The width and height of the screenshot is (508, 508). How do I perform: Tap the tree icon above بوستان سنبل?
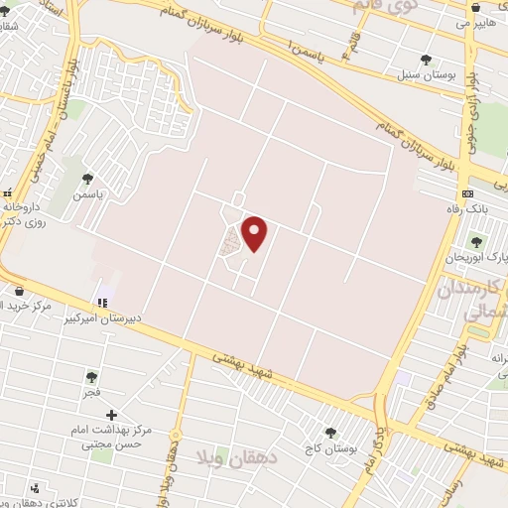426,60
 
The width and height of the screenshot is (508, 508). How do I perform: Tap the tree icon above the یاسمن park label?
87,179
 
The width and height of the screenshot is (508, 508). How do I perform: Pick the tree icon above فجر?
91,377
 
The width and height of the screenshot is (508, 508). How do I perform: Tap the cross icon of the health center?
111,415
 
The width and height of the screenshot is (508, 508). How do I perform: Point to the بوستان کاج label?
332,448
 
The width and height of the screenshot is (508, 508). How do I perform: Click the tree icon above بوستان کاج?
331,433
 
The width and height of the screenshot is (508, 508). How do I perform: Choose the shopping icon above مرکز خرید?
20,291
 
